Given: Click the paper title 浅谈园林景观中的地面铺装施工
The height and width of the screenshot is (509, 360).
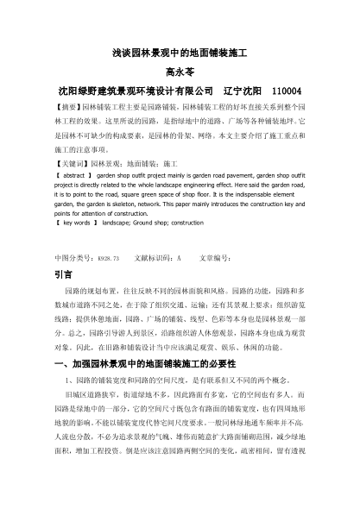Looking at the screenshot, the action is coord(180,53).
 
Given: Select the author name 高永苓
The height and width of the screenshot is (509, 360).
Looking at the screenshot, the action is coord(180,72).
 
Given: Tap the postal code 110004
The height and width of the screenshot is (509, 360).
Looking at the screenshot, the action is coord(286,91).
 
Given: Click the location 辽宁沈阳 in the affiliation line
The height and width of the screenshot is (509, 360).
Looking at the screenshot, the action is coord(242,91).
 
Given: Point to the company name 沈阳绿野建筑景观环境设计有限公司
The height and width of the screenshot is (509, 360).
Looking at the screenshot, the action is coord(134,91).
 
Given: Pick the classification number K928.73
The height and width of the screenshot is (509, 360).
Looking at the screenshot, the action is coord(108,258).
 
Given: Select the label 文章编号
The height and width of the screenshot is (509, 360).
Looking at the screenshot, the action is coord(215,258).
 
